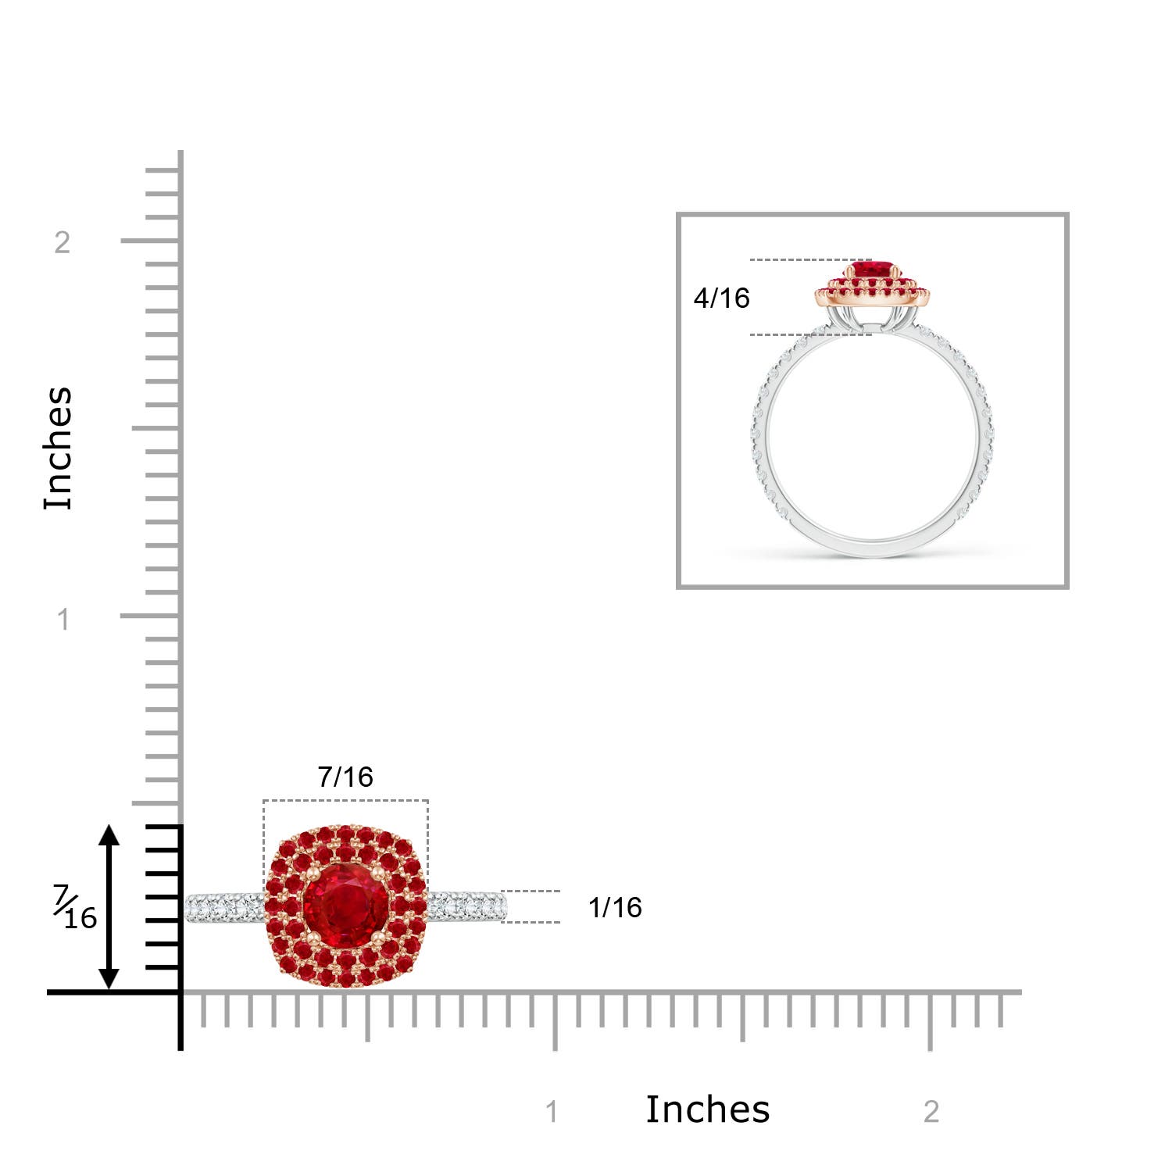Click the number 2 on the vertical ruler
63,243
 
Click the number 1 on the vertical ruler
63,620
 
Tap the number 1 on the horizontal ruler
552,1112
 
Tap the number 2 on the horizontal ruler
931,1112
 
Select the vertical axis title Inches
58,448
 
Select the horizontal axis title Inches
707,1109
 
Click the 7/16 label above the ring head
345,777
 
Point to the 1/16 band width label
615,907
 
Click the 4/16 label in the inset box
721,298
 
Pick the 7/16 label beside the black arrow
76,908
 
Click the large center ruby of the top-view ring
346,906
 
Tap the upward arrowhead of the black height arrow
109,834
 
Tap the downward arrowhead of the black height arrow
109,978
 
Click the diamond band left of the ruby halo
225,908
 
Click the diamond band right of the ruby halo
467,906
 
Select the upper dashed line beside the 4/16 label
809,259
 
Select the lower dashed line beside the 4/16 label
809,334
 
